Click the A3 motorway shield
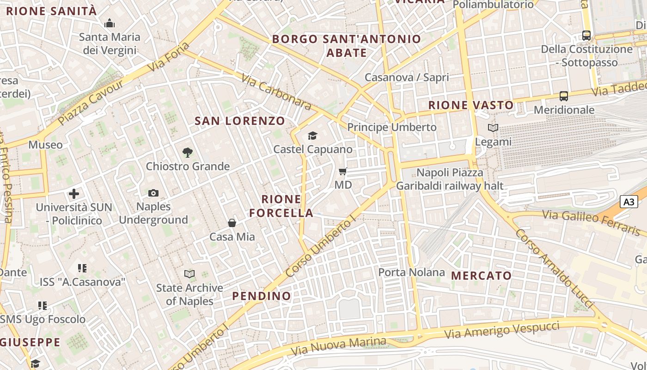point(629,202)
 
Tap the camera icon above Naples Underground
point(153,193)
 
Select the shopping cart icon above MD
point(343,172)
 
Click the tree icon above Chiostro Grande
point(187,152)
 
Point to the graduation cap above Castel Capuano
point(313,136)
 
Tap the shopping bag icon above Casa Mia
point(232,223)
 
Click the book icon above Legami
point(493,128)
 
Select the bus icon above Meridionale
point(564,96)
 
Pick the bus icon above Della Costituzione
point(586,35)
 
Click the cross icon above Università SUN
point(74,193)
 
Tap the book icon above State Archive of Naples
point(189,274)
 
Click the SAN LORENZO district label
point(240,121)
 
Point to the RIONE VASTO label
point(471,105)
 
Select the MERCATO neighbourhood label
point(482,276)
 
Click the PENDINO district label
point(262,296)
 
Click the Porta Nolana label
point(412,272)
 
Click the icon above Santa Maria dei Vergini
point(110,23)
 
